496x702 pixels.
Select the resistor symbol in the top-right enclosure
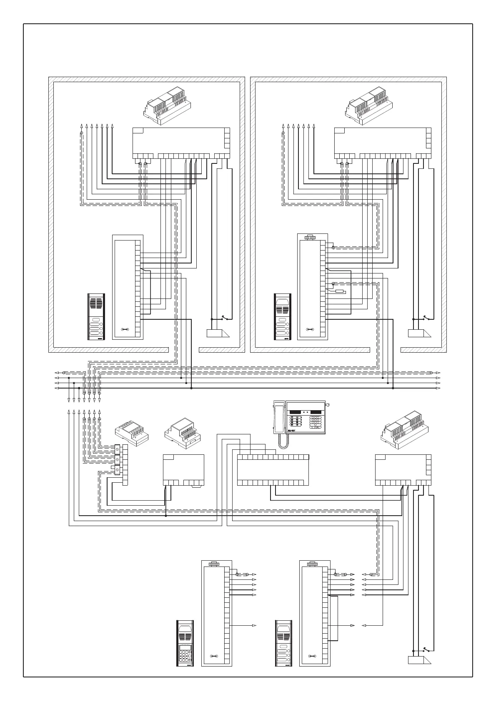(x=340, y=291)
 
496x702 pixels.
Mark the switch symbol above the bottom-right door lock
(x=425, y=660)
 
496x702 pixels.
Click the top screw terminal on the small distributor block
(x=118, y=450)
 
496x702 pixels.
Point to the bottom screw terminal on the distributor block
(x=118, y=470)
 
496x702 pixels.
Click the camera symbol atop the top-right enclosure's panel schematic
(x=309, y=238)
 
